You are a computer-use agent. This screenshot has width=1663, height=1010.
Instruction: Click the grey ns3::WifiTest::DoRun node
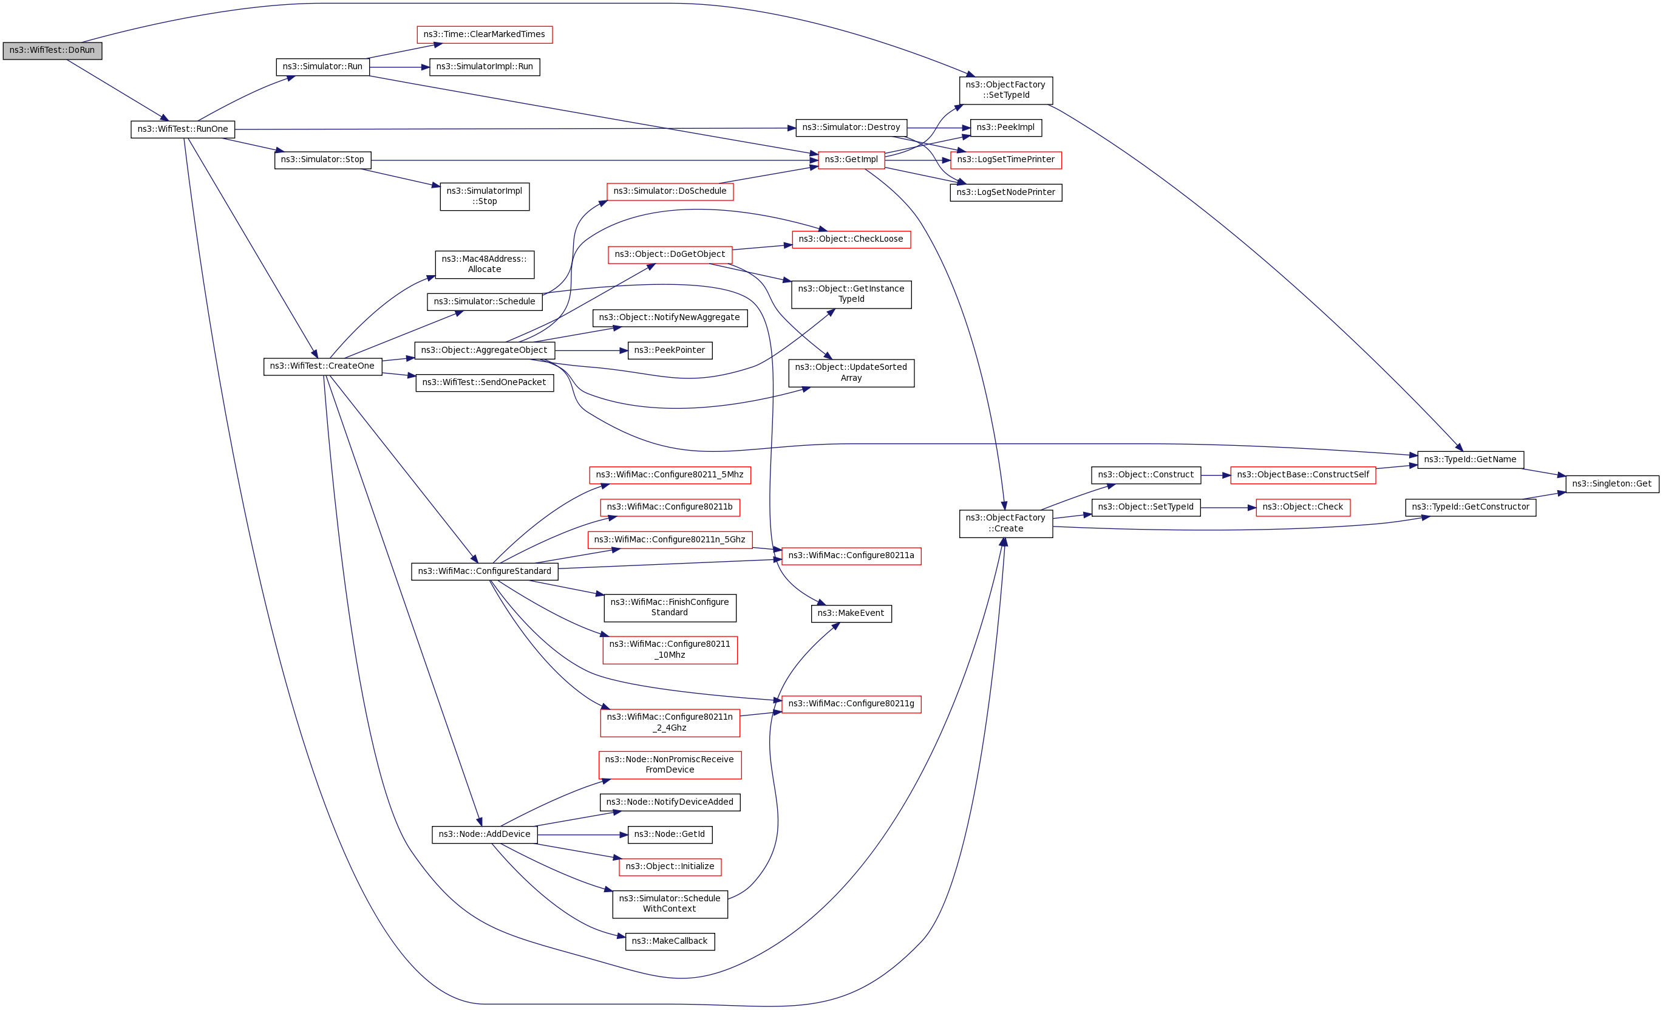pyautogui.click(x=52, y=50)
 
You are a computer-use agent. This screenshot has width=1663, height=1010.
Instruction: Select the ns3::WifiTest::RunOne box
pyautogui.click(x=182, y=129)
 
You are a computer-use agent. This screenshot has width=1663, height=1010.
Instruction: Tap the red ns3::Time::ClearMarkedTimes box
pyautogui.click(x=484, y=35)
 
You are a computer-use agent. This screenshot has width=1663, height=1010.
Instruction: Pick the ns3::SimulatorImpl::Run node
pyautogui.click(x=484, y=67)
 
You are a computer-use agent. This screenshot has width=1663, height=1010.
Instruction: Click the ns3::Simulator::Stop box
pyautogui.click(x=322, y=160)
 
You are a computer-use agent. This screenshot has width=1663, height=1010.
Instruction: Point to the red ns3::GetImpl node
pyautogui.click(x=851, y=160)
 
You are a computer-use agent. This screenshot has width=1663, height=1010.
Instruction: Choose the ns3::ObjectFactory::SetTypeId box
pyautogui.click(x=1005, y=90)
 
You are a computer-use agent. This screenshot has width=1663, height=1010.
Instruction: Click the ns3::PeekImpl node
pyautogui.click(x=1005, y=128)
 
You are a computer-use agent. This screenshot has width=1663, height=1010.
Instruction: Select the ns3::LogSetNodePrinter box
pyautogui.click(x=1005, y=193)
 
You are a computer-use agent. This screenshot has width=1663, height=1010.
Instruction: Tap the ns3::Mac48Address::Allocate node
pyautogui.click(x=484, y=264)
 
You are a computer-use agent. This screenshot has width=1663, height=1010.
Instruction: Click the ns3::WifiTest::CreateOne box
pyautogui.click(x=322, y=367)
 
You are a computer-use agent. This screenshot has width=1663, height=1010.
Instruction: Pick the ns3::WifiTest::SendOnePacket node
pyautogui.click(x=484, y=383)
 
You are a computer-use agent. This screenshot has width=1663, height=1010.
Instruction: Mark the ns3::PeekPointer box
pyautogui.click(x=669, y=350)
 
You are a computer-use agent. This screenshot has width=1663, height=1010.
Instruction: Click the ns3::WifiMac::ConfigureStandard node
pyautogui.click(x=484, y=571)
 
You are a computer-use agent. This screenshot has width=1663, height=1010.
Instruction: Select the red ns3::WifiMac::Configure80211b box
pyautogui.click(x=669, y=507)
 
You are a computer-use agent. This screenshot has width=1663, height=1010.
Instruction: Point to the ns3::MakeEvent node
pyautogui.click(x=851, y=613)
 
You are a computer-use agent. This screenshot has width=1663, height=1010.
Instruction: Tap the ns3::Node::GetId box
pyautogui.click(x=669, y=834)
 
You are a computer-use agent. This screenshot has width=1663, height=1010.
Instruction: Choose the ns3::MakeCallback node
pyautogui.click(x=669, y=941)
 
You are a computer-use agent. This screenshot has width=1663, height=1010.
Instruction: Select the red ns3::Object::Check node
pyautogui.click(x=1302, y=507)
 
